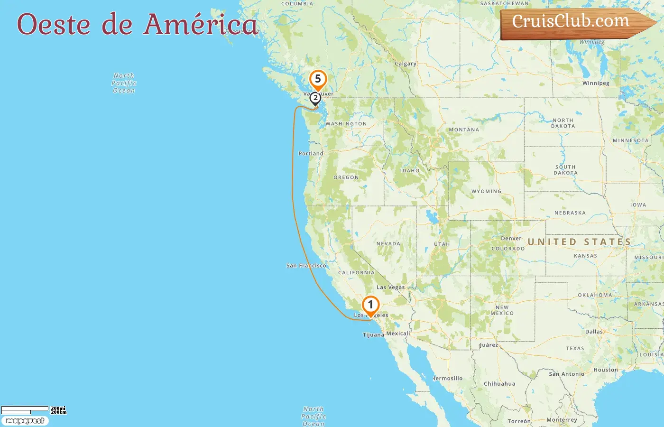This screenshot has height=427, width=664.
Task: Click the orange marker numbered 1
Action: [x=370, y=305]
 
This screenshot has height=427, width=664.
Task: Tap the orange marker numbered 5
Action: [x=318, y=79]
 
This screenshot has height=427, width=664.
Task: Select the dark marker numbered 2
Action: [x=315, y=98]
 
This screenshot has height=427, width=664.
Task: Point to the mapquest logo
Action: [x=25, y=421]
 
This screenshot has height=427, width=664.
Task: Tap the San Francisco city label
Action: [x=306, y=266]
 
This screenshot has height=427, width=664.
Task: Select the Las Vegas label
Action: [x=390, y=287]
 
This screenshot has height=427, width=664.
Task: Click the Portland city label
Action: [x=311, y=154]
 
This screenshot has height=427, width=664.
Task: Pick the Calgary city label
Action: [x=406, y=64]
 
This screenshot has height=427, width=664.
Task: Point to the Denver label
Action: [x=511, y=239]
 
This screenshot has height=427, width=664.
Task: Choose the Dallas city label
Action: [x=594, y=332]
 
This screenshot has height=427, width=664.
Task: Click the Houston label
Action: [x=606, y=370]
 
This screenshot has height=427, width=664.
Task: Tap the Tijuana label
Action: [x=373, y=335]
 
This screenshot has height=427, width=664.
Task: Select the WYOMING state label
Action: [x=486, y=192]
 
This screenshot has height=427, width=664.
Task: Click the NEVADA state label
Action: [x=388, y=244]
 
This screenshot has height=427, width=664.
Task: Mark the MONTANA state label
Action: [x=464, y=130]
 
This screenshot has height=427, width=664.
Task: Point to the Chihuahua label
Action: [x=499, y=384]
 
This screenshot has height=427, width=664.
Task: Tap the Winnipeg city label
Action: [x=596, y=83]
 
